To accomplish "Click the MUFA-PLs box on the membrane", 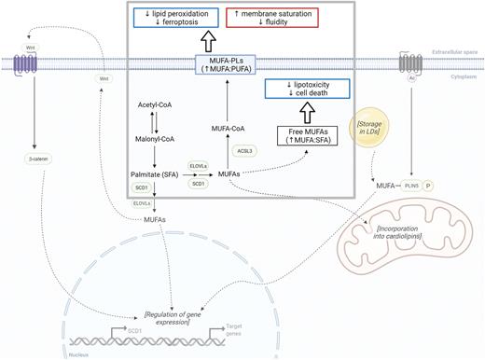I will click(225, 63).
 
